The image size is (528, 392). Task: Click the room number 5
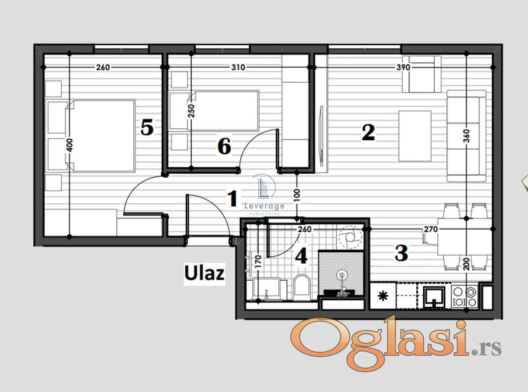pos(147,127)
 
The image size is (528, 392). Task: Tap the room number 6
pos(224,146)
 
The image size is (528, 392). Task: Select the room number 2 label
pos(368,133)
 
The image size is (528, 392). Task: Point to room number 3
pos(401,253)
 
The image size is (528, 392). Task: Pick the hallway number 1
pos(232,199)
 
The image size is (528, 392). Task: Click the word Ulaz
pos(204,273)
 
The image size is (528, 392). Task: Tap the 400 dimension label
pos(69,145)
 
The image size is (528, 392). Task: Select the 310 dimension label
pos(238,68)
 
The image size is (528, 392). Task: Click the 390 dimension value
pos(403,68)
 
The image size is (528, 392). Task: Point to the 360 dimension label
pos(466,136)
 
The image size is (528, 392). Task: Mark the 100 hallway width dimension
pos(297,195)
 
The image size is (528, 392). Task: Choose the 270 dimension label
pos(431,229)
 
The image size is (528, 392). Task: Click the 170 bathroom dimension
pos(258,261)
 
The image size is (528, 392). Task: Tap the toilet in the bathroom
pos(302,287)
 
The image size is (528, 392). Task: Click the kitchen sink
pos(434,297)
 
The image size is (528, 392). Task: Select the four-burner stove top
pos(465,297)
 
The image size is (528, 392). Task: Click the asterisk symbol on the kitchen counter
pos(383,296)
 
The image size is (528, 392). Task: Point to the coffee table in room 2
pos(415,136)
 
